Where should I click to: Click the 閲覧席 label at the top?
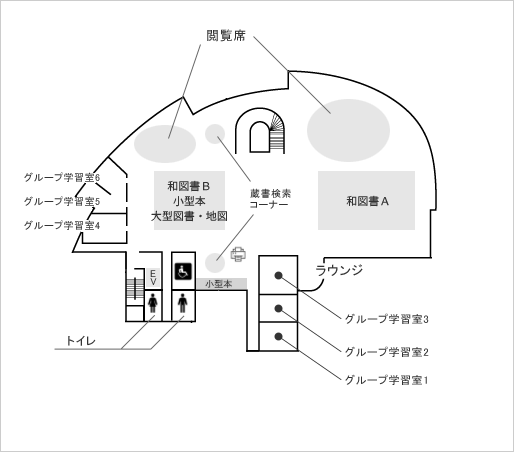226,35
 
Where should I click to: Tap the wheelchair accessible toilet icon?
183,271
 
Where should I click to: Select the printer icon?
238,254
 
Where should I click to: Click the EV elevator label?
153,278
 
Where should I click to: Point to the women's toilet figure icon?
153,303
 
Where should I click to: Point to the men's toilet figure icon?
183,303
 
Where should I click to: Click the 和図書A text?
367,201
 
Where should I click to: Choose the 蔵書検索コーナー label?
269,199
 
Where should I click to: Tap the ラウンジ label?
339,270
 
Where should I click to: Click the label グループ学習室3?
387,319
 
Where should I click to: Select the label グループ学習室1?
386,380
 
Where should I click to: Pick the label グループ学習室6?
62,177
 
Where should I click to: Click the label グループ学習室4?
62,225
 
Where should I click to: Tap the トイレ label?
81,341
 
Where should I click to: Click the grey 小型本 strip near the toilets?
221,284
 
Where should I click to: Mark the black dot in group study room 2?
279,309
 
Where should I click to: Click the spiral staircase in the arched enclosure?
277,133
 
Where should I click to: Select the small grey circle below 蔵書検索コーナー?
215,262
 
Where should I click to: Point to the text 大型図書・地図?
189,216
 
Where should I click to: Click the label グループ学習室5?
62,201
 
